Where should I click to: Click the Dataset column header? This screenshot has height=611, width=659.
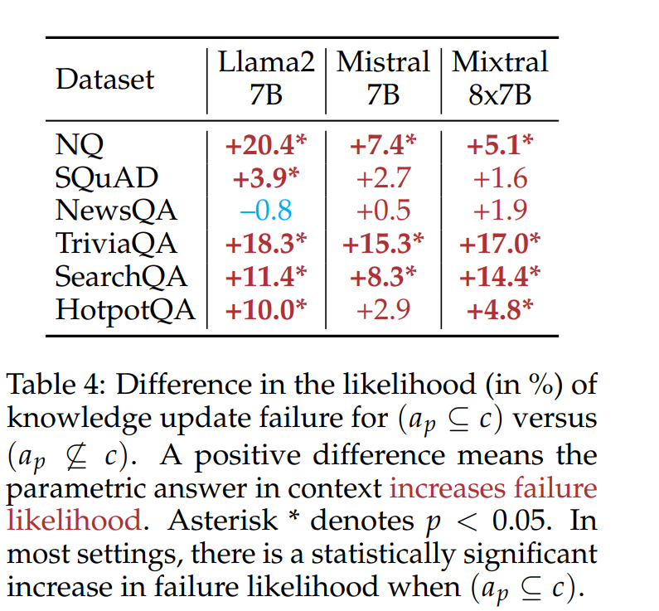[x=104, y=80]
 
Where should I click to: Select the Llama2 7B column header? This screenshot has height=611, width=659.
[x=266, y=79]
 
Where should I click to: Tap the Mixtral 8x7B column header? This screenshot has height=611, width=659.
[x=500, y=79]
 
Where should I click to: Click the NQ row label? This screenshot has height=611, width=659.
[x=80, y=145]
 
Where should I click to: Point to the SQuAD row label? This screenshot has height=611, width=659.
[x=106, y=178]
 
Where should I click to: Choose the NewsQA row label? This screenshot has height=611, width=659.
[x=116, y=211]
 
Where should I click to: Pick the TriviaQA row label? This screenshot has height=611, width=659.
[x=117, y=244]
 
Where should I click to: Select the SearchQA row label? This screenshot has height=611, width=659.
[x=121, y=276]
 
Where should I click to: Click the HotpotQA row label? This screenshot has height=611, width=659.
[x=125, y=309]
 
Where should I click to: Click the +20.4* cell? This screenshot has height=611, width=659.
[x=266, y=145]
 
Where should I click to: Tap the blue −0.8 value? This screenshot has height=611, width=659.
[x=266, y=211]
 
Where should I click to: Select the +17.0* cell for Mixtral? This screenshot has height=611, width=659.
[x=500, y=244]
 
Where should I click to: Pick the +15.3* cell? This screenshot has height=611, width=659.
[x=383, y=244]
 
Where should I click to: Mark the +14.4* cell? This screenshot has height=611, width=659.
[x=500, y=276]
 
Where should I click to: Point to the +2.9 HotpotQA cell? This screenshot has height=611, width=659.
[x=383, y=309]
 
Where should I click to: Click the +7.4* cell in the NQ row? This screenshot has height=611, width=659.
[x=383, y=145]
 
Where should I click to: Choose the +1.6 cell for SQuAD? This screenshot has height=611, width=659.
[x=500, y=178]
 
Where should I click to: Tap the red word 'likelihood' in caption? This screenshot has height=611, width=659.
[x=72, y=520]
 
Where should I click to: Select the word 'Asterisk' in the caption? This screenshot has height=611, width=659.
[x=223, y=520]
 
